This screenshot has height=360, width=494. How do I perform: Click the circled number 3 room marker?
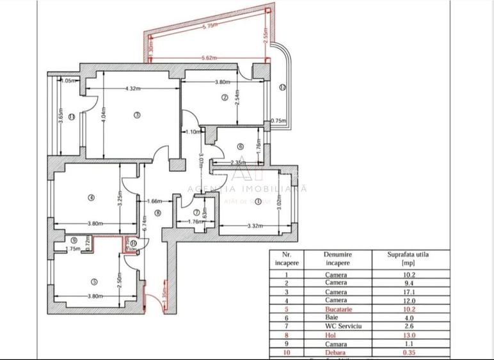click(x=137, y=115)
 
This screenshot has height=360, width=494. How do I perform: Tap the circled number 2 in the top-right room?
click(x=225, y=97)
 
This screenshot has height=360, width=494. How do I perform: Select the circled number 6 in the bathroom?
click(x=241, y=146)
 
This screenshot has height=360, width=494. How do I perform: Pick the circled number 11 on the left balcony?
click(x=72, y=116)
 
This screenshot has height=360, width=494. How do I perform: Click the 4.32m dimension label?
click(x=133, y=88)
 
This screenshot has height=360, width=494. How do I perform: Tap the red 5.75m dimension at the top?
click(x=209, y=27)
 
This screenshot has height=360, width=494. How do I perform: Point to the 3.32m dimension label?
click(x=255, y=225)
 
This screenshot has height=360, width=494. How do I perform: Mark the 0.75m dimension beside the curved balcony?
click(x=278, y=121)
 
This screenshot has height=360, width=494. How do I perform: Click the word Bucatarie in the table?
click(x=336, y=308)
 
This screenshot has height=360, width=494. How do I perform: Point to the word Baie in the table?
click(x=336, y=317)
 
